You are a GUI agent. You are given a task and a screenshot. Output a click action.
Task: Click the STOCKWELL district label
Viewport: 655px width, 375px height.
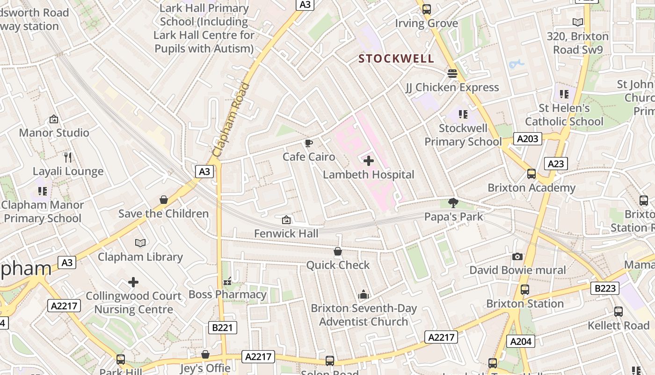click(396, 59)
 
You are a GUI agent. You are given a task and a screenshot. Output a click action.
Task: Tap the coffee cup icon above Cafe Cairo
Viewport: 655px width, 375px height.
click(308, 143)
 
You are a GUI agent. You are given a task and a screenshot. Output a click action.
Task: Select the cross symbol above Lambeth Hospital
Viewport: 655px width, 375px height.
click(369, 161)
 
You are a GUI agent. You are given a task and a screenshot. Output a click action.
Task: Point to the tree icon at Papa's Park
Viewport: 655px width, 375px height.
click(453, 202)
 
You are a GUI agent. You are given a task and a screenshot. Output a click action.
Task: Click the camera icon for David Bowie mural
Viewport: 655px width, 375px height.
click(517, 256)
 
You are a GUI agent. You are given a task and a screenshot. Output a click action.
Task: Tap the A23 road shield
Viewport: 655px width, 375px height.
click(556, 163)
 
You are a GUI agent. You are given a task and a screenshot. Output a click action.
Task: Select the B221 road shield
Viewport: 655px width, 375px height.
click(222, 327)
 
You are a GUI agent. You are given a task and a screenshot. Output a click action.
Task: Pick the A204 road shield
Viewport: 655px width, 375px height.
click(521, 341)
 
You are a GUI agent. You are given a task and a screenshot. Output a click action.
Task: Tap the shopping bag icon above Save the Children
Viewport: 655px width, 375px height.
click(164, 200)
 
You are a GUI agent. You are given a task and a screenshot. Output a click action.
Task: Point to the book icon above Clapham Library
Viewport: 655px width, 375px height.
click(140, 243)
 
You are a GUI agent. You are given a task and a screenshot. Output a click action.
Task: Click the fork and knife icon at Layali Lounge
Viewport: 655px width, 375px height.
click(68, 157)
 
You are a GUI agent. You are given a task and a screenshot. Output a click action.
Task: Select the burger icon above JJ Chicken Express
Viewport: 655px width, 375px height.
click(452, 74)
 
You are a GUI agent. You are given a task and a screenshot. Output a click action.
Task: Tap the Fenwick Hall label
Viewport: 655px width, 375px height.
click(286, 233)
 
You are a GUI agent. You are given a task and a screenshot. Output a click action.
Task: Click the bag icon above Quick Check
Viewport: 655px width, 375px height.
click(338, 252)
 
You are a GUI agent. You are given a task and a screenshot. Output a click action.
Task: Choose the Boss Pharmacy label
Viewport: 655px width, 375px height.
click(227, 294)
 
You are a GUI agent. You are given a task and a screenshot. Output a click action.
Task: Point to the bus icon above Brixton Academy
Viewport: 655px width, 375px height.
click(531, 174)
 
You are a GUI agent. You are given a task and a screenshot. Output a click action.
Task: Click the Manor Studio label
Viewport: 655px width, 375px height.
click(54, 133)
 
